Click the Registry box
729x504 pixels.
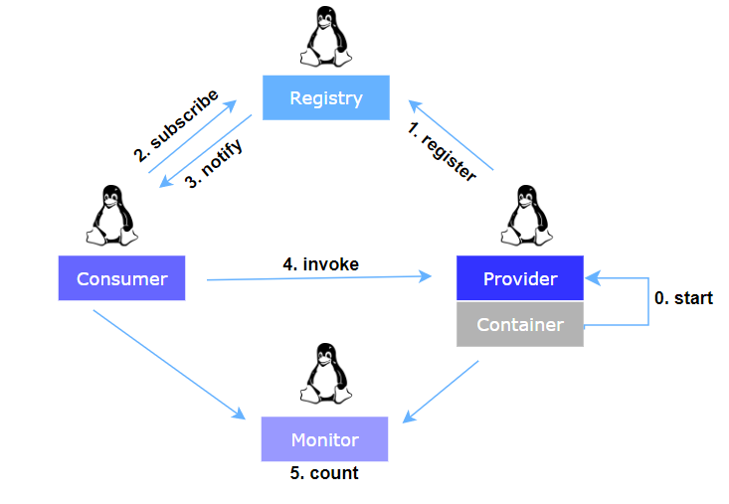[325, 98]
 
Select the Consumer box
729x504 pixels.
[121, 278]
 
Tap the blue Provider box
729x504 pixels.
[519, 278]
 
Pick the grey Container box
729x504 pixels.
[519, 325]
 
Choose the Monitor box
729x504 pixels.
[324, 439]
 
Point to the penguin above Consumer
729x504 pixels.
[110, 216]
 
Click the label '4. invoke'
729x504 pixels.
[320, 263]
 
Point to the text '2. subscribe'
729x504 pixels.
[176, 128]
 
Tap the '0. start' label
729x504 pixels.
[683, 297]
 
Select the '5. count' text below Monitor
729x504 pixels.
[324, 473]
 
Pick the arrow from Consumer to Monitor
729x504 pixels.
[169, 363]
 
